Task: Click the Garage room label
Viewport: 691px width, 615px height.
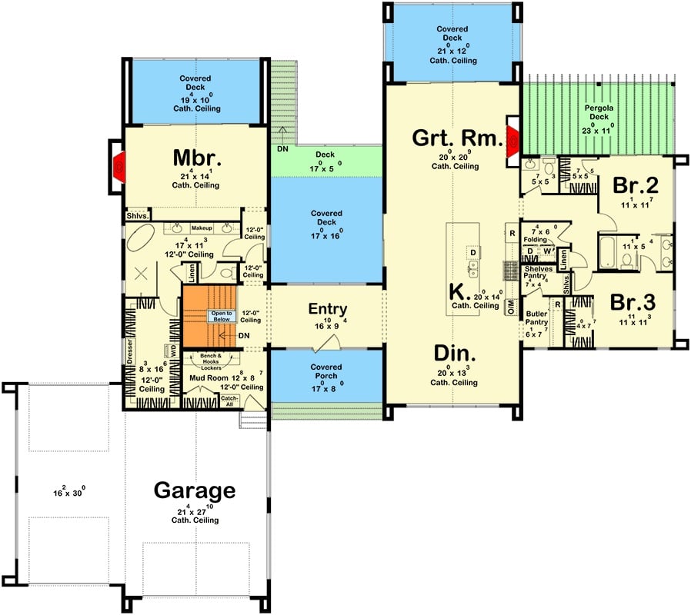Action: [195, 491]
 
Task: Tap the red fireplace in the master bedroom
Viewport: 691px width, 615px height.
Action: [119, 165]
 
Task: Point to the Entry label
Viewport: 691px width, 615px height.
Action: [327, 309]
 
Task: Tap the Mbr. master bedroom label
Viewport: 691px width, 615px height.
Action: [197, 158]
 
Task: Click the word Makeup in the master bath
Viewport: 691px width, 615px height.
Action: [202, 229]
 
